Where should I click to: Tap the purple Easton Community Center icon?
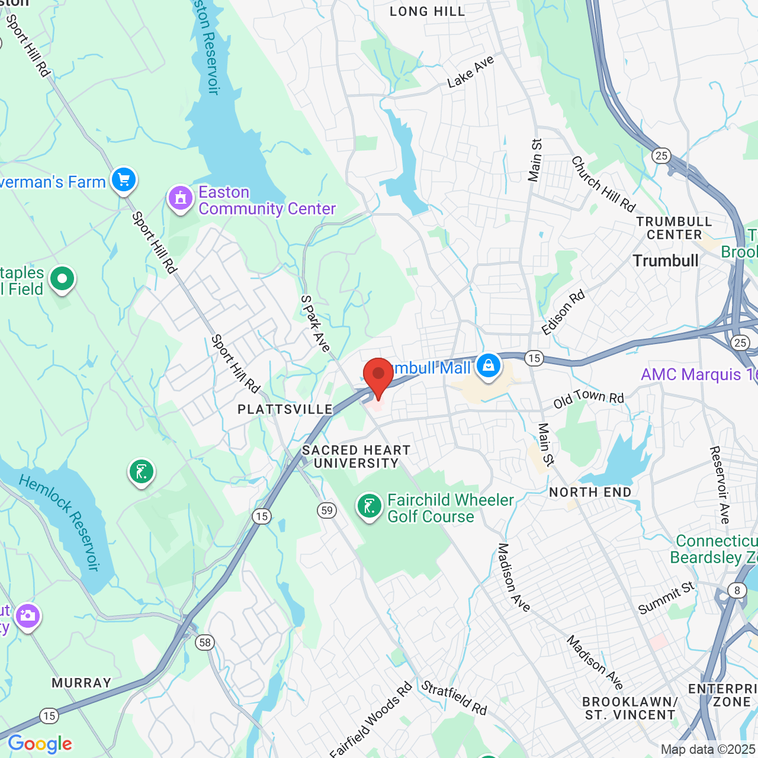[181, 198]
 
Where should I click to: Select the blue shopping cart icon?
[123, 179]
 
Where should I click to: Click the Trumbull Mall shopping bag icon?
[488, 365]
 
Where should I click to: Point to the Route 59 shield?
[327, 510]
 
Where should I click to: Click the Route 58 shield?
[205, 643]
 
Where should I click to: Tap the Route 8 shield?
[737, 590]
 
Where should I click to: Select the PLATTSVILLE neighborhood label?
[285, 410]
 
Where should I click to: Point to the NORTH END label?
[590, 492]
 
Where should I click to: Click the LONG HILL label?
[428, 11]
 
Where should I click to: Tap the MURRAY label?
[82, 683]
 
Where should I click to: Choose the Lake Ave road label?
[471, 72]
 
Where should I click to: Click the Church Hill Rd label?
[603, 184]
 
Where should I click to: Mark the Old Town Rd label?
[589, 399]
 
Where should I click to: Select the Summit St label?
[666, 598]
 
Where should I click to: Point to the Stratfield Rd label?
[454, 698]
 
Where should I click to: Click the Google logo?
[40, 744]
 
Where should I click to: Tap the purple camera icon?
[28, 616]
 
